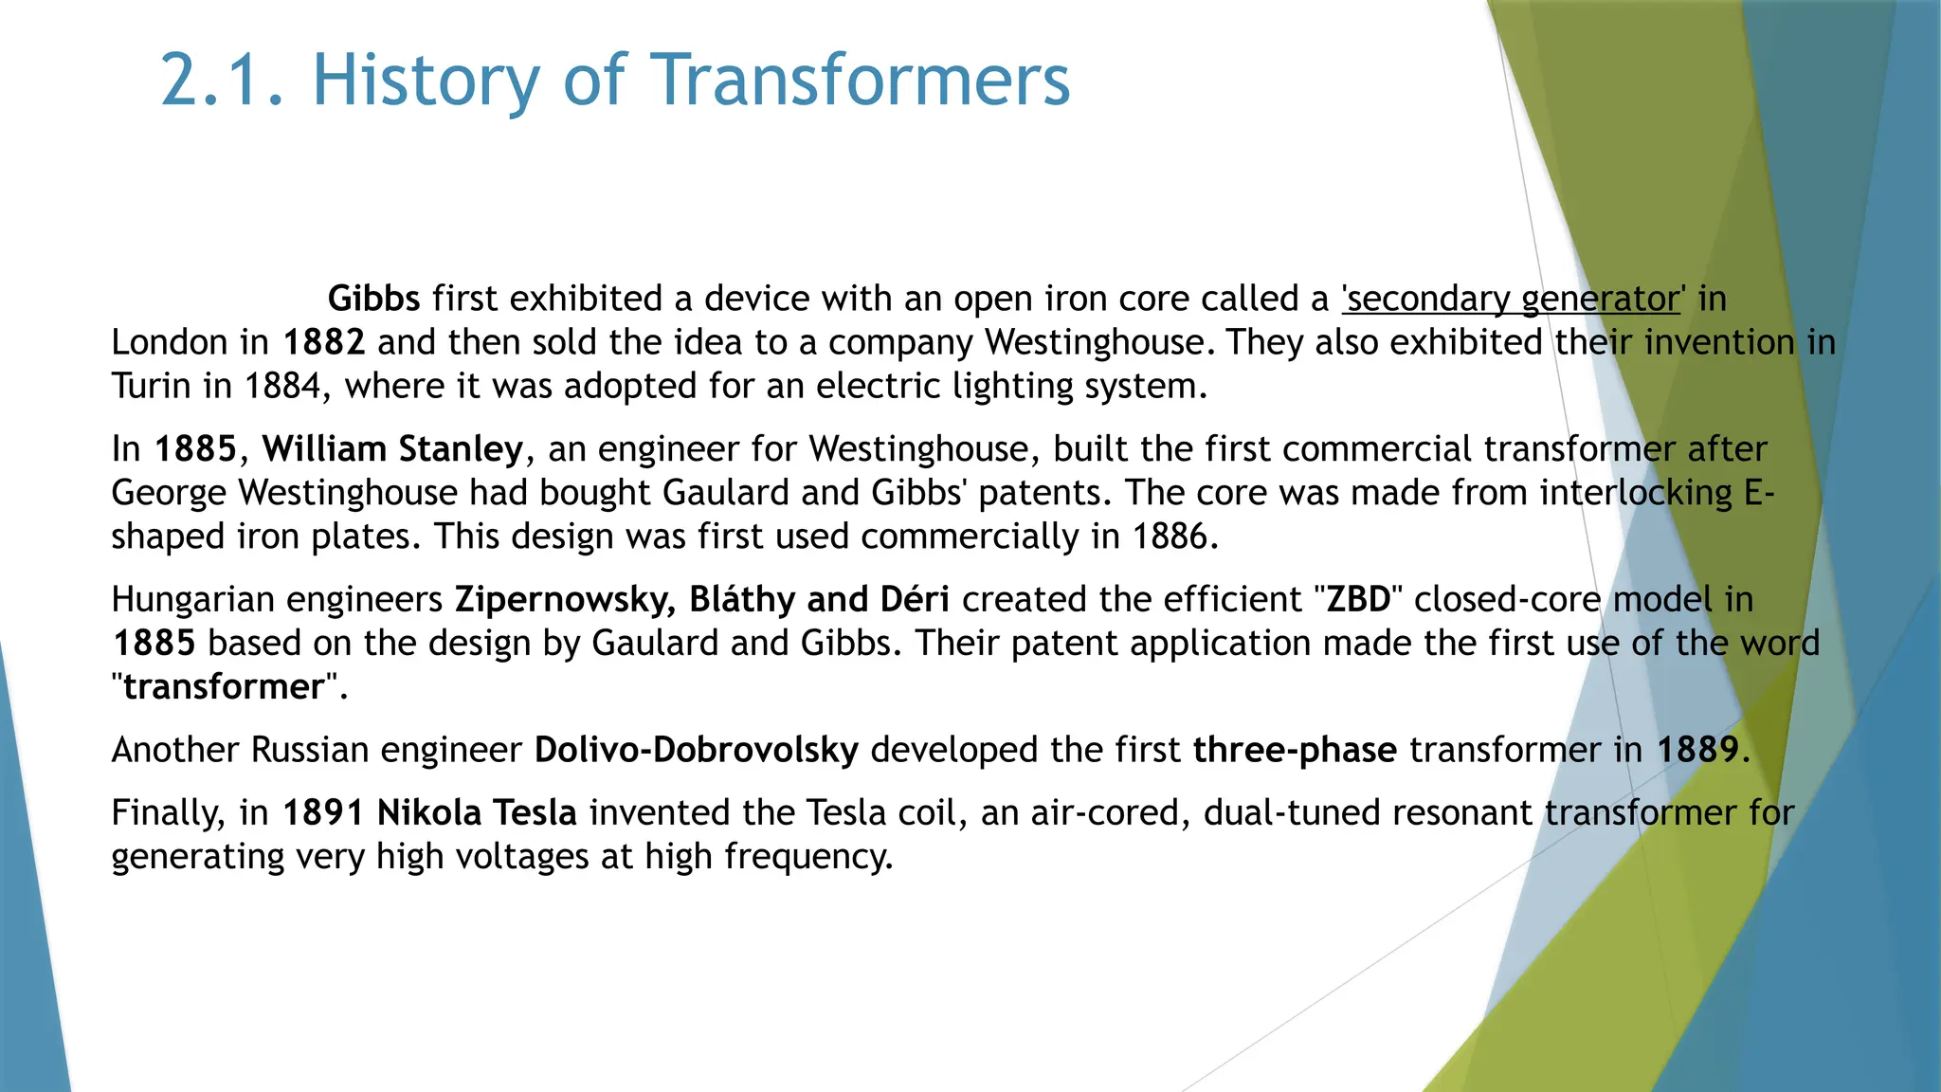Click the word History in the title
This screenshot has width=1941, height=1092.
(x=426, y=80)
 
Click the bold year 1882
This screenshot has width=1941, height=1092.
(x=323, y=342)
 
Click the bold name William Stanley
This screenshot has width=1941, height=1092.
(x=392, y=449)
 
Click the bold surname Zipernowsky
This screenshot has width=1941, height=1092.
(x=565, y=600)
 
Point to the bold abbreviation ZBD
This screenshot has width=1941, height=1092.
(x=1358, y=600)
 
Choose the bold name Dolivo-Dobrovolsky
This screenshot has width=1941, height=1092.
(x=696, y=750)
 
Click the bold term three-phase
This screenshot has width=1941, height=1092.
(x=1294, y=750)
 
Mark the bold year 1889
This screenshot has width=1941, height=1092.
(x=1697, y=750)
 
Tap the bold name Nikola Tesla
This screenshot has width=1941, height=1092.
(x=477, y=813)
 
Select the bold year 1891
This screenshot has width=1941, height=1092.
(x=323, y=813)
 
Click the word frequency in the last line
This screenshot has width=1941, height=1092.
(x=808, y=857)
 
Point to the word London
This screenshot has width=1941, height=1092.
(x=167, y=342)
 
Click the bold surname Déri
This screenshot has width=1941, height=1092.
(x=915, y=600)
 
